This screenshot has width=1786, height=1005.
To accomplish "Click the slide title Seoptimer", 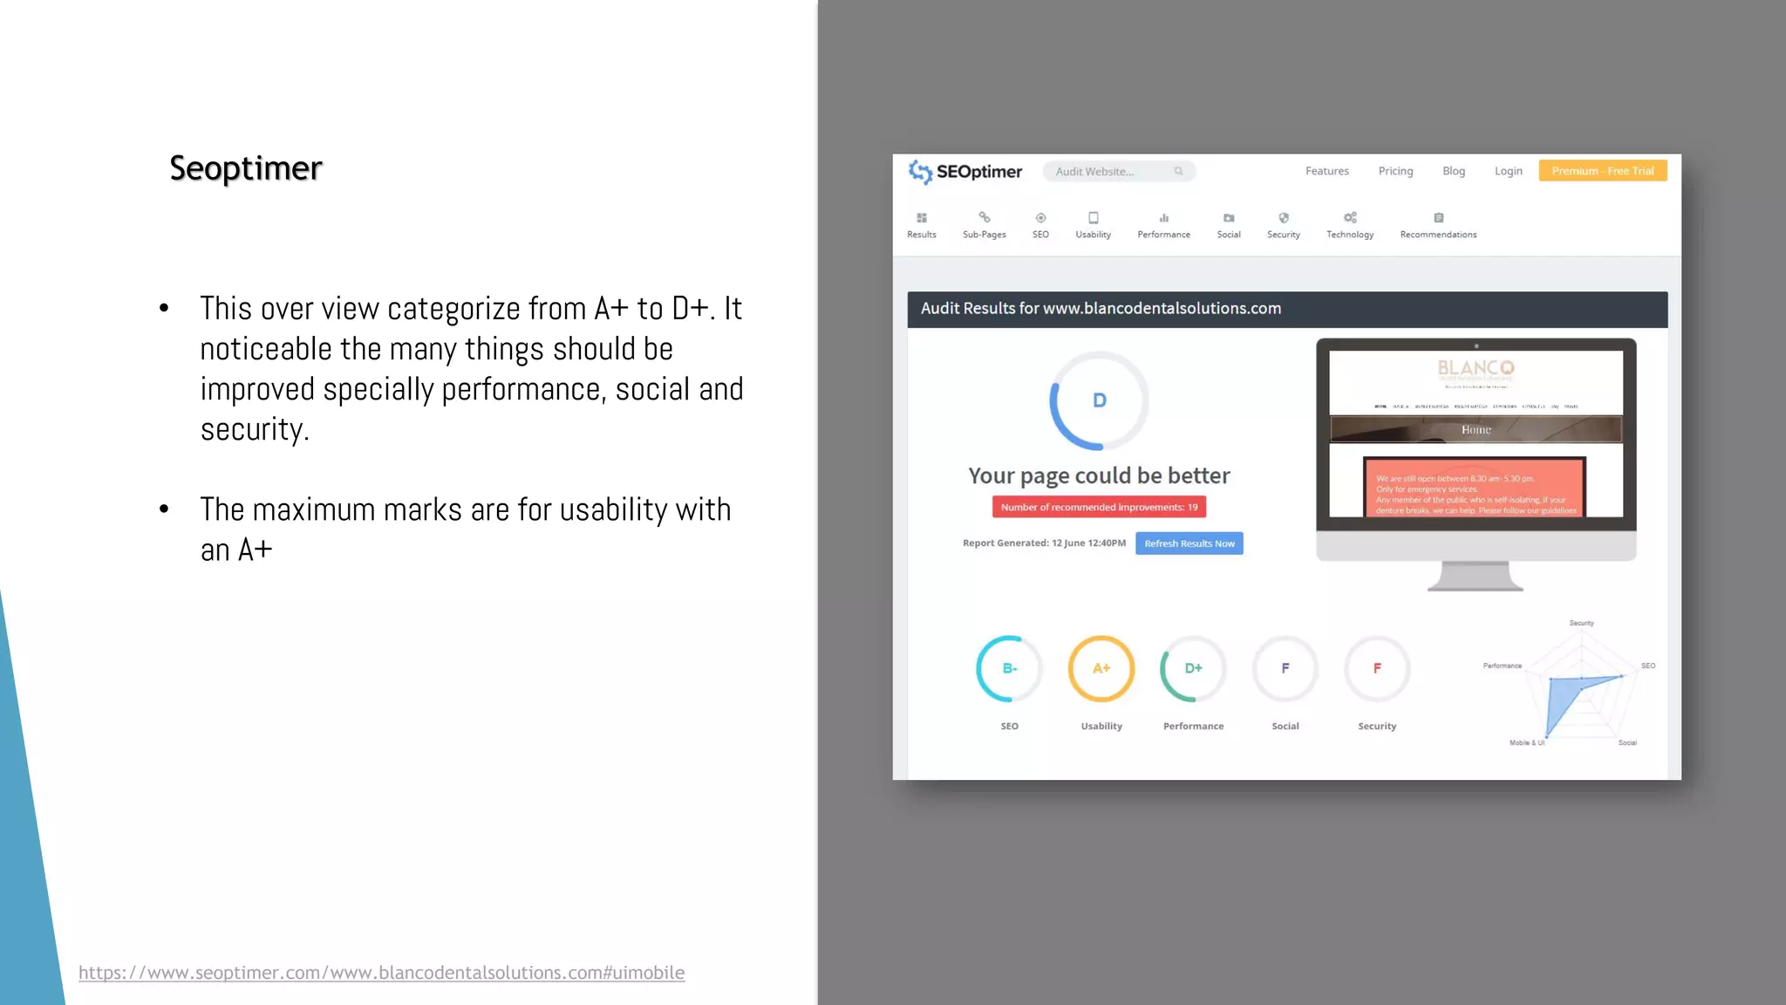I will click(x=246, y=168).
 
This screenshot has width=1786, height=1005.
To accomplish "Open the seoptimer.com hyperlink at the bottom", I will click(x=381, y=973).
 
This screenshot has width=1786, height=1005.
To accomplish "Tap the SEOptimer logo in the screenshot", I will click(x=965, y=172).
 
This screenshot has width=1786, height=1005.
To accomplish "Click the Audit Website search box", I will click(x=1118, y=172).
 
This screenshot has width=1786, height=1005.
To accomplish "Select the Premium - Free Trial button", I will click(x=1602, y=171).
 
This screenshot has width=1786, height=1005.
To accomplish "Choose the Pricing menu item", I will click(x=1395, y=171).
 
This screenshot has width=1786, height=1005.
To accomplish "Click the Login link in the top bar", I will click(x=1508, y=171).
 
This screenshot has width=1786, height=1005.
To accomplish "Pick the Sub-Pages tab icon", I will click(x=984, y=218).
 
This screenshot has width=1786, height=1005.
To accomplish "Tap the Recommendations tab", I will click(x=1438, y=225).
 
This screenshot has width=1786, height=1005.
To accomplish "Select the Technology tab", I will click(x=1349, y=225).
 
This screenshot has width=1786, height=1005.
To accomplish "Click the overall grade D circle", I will click(x=1099, y=400).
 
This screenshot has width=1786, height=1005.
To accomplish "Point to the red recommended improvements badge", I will click(x=1099, y=507).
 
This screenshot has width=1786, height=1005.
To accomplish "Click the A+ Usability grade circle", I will click(x=1101, y=668).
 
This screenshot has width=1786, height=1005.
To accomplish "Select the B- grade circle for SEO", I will click(x=1009, y=668).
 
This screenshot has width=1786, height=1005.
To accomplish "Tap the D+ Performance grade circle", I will click(x=1193, y=668).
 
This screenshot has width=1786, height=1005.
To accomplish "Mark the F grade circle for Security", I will click(x=1377, y=668).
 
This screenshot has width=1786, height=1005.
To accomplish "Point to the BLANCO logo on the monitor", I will click(x=1476, y=368).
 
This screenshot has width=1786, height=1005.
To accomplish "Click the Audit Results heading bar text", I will click(x=1101, y=309).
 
